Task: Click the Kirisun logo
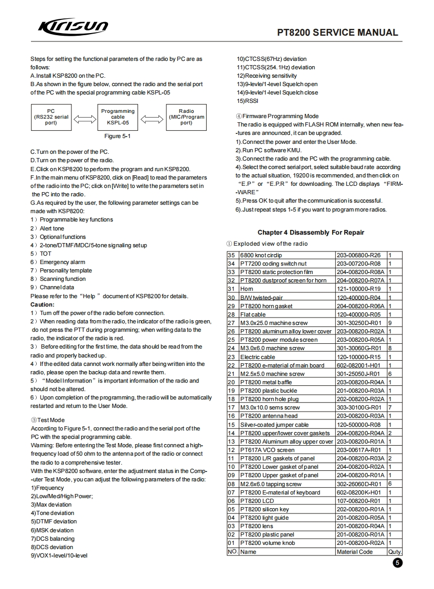point(73,27)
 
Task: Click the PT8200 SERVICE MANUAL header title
point(337,33)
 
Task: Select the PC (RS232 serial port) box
point(50,117)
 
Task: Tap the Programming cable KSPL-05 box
point(118,117)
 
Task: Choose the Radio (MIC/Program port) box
point(186,117)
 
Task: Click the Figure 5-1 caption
point(118,136)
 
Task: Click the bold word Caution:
point(43,304)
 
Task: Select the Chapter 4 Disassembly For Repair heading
point(311,233)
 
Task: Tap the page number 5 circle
point(397,563)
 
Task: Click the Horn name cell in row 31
point(247,289)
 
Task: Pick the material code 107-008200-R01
point(358,501)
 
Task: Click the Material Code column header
point(355,552)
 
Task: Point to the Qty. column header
point(395,552)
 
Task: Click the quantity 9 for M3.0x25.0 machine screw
point(389,323)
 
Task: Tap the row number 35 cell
point(231,255)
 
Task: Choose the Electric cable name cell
point(258,357)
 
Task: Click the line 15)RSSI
point(248,101)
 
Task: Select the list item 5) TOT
point(41,254)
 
